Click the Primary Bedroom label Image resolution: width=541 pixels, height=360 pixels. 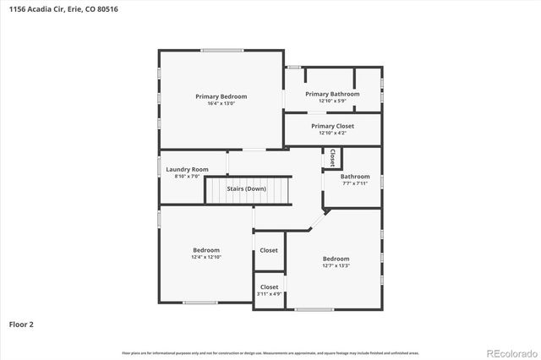[221, 96]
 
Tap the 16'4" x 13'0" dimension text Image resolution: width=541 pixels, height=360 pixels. [221, 104]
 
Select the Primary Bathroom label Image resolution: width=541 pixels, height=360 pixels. [332, 94]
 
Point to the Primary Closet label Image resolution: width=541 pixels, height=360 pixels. [332, 126]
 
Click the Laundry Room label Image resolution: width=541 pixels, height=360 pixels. [187, 169]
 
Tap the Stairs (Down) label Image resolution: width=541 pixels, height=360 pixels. [247, 188]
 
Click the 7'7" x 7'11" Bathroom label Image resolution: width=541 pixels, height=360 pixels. [355, 177]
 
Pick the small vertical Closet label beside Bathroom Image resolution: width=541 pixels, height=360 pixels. [333, 157]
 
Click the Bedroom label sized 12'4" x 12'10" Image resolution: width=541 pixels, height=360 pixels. [206, 249]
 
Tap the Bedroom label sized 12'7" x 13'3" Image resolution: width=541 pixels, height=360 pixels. [336, 259]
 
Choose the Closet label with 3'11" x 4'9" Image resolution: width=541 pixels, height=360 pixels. [269, 287]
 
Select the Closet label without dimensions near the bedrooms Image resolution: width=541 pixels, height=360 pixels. [269, 250]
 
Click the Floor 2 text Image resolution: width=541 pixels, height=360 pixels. [22, 324]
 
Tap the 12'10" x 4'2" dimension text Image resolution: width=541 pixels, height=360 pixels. [332, 134]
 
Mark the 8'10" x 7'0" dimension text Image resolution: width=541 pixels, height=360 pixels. [187, 176]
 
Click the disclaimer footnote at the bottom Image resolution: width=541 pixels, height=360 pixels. [270, 352]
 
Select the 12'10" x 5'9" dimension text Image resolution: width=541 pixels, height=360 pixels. [332, 101]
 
